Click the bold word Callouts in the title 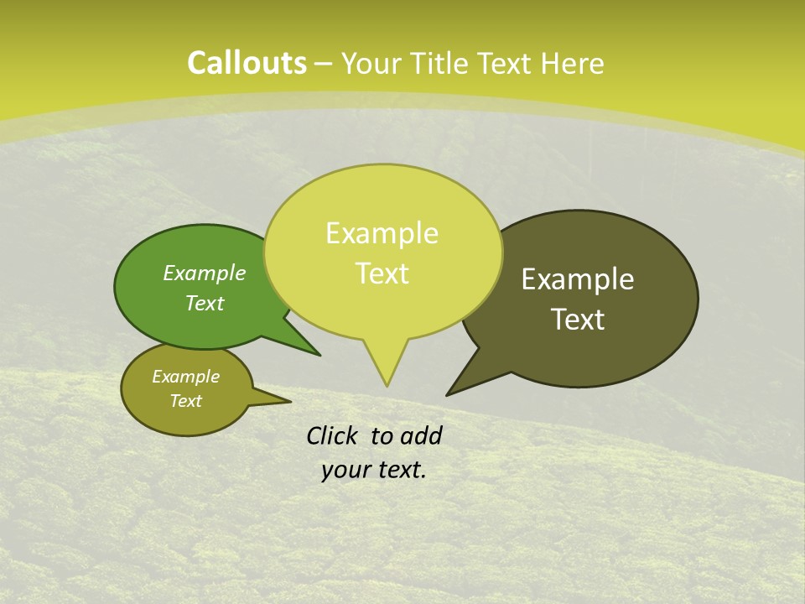pos(247,63)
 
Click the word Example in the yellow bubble pos(382,233)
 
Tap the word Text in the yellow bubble pos(382,273)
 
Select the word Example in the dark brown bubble pos(578,279)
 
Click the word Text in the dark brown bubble pos(578,320)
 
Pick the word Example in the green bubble pos(205,273)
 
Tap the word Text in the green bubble pos(205,303)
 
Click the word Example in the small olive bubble pos(185,377)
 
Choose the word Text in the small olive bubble pos(185,401)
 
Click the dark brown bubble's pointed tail pos(453,390)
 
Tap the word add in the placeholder pos(421,435)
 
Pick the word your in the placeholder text pos(346,470)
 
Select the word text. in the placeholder pos(401,470)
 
